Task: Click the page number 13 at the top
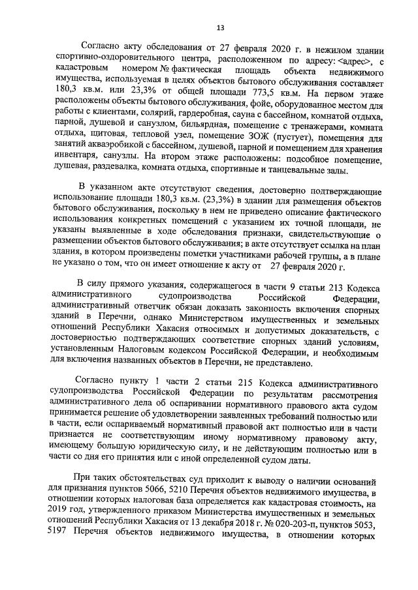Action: coord(220,27)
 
